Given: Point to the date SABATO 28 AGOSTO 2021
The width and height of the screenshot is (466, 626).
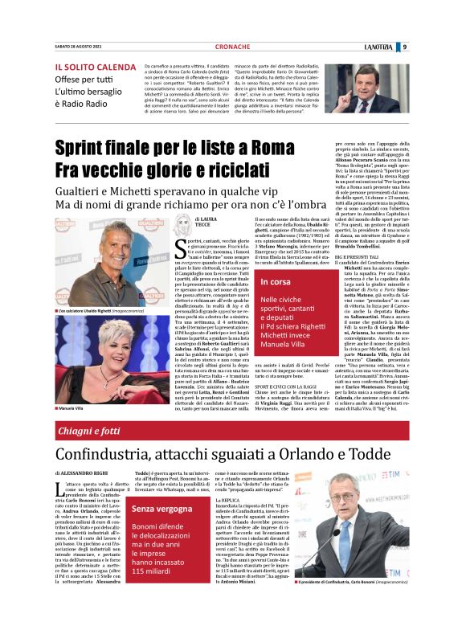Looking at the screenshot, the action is click(79, 47).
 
